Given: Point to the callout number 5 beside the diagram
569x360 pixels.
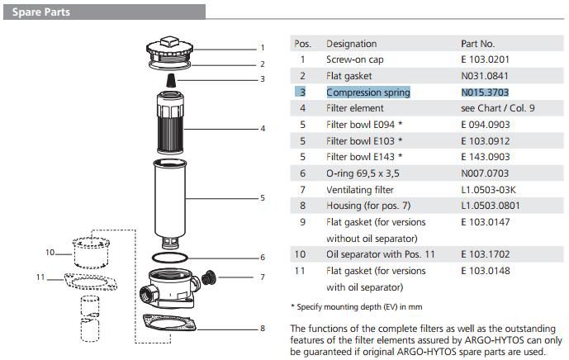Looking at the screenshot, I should pos(262,197).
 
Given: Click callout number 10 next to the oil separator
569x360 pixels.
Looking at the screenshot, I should pos(50,252).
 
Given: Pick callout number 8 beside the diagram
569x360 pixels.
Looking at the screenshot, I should pos(262,328).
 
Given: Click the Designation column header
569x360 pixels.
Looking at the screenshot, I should pos(351,44).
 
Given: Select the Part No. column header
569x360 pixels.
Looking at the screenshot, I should pos(477,44).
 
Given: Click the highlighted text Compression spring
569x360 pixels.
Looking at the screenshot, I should pos(367,92).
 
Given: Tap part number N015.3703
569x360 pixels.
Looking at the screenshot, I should pos(485,92).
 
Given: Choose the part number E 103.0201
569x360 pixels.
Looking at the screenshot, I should pos(485,59).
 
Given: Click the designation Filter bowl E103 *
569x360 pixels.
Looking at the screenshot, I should pos(364,140).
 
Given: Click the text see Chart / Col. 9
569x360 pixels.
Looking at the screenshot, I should pos(497,108).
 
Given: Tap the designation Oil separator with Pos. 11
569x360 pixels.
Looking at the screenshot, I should pos(380,254).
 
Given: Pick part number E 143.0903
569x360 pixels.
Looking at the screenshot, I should pos(485,157).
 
